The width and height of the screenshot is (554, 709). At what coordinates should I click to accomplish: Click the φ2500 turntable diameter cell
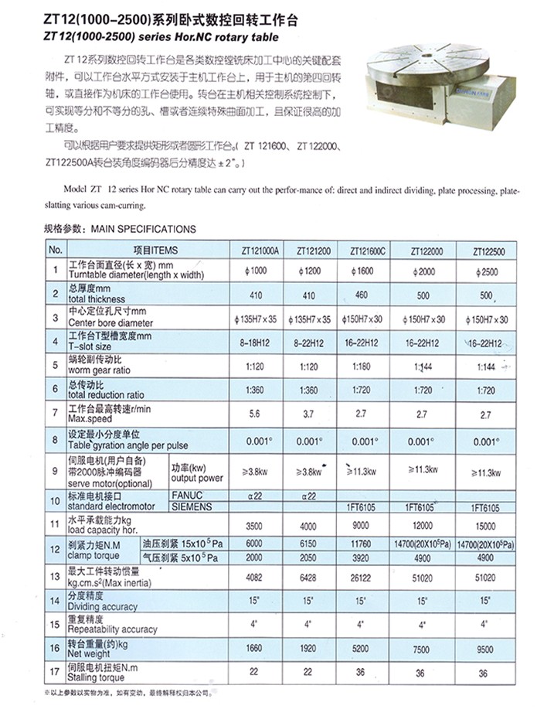point(484,271)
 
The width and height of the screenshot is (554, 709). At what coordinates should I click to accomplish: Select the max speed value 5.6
point(249,414)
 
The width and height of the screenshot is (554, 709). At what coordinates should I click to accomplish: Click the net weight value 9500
point(484,649)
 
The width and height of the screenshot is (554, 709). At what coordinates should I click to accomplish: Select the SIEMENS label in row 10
point(191,506)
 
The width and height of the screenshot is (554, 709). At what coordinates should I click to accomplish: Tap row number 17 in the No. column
point(54,672)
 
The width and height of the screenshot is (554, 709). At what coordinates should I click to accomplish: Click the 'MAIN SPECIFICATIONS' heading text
point(144,229)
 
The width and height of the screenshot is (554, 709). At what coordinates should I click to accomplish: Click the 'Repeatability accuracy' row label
point(113,629)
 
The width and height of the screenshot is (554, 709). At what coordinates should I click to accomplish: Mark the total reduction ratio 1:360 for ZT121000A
point(250,390)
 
